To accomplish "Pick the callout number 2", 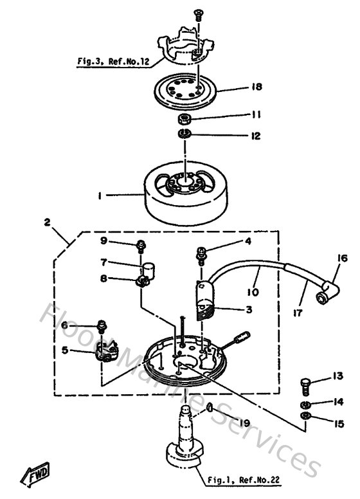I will (x=47, y=222).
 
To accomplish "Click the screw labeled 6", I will (x=102, y=325).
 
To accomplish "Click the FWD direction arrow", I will (x=33, y=476).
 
